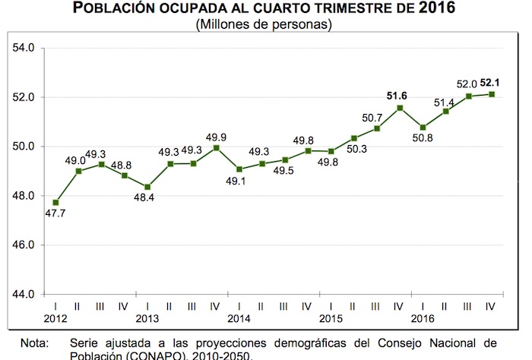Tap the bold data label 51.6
pos(398,96)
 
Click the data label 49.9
pos(217,135)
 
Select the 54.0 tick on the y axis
pos(25,49)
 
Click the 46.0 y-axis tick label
pos(25,245)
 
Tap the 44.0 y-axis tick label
pos(25,295)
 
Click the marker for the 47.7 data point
pos(55,203)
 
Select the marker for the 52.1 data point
pos(492,94)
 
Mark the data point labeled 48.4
pos(147,187)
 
